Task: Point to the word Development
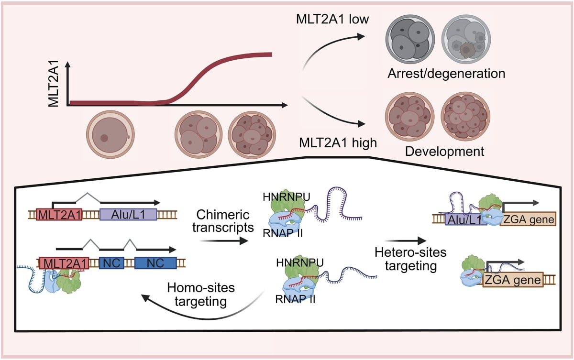pyautogui.click(x=444, y=152)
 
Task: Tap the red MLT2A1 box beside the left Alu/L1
pyautogui.click(x=59, y=215)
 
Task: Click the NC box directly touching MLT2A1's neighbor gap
pyautogui.click(x=111, y=263)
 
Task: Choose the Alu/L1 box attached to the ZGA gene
pyautogui.click(x=465, y=220)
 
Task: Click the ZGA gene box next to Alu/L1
pyautogui.click(x=528, y=220)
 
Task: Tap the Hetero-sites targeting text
pyautogui.click(x=406, y=259)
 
